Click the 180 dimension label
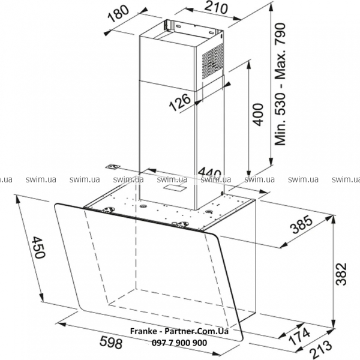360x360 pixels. coord(118,14)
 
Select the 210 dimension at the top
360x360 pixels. coord(216,8)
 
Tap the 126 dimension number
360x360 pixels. coord(180,102)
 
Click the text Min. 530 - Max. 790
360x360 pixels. coord(280,84)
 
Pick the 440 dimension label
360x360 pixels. coord(209,173)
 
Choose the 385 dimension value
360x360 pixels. coord(301,224)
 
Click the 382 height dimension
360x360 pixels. coord(341,274)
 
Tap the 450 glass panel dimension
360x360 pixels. coord(38,247)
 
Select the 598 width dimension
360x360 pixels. coord(111,343)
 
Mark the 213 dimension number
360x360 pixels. coord(321,350)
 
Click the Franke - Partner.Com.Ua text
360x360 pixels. coord(179,331)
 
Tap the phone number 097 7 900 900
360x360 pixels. coord(179,343)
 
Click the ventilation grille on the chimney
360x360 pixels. coord(212,61)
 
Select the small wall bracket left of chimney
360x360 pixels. coord(113,167)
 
